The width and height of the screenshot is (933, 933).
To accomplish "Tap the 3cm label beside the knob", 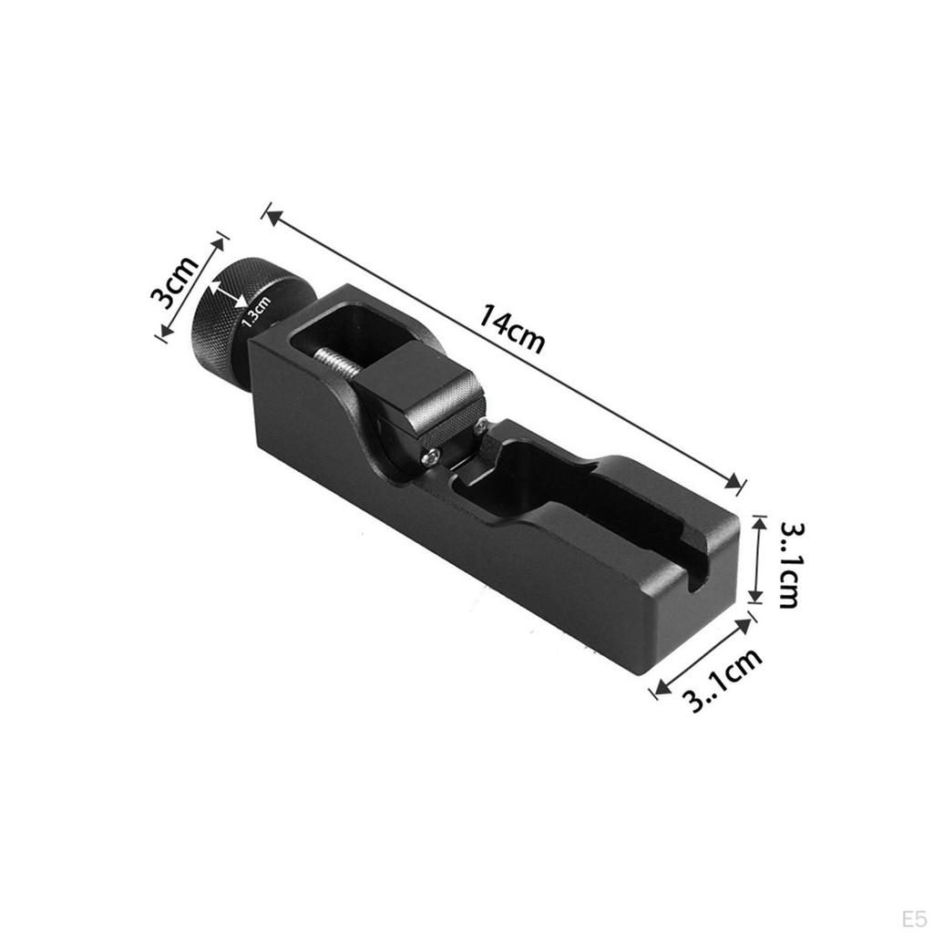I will (x=174, y=283).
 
